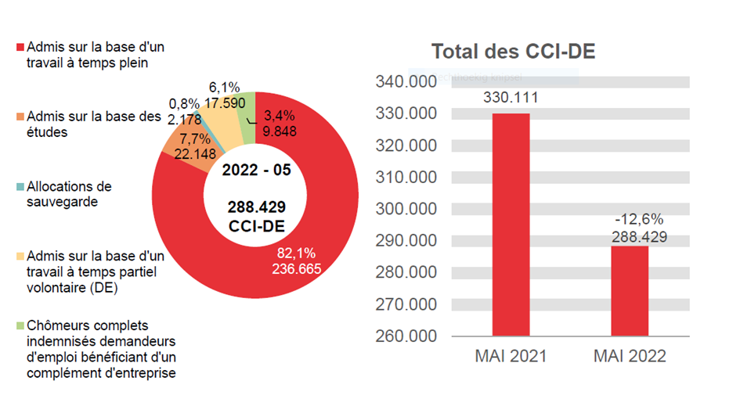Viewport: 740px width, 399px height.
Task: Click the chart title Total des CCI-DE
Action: tap(513, 52)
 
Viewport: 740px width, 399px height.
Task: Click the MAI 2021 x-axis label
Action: tap(511, 356)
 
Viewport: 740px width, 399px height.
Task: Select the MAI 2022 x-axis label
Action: tap(630, 356)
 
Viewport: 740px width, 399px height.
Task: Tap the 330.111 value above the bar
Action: tap(511, 99)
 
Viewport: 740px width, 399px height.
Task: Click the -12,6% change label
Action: tap(630, 219)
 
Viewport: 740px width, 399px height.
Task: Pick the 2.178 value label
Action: tap(185, 119)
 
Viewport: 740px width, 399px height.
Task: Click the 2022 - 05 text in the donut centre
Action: tap(257, 171)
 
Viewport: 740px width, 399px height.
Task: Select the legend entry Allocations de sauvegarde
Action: tap(69, 193)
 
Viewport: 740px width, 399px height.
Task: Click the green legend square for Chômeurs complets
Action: tap(20, 325)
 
